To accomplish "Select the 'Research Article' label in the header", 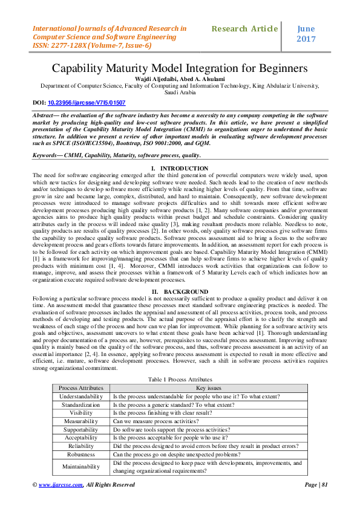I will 245,28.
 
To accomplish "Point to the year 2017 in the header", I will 307,39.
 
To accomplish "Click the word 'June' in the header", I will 307,28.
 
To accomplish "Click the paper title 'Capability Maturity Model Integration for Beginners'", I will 180,68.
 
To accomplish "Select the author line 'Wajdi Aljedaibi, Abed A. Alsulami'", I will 180,79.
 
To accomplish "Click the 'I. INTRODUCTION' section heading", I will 180,168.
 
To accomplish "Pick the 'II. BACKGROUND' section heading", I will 180,291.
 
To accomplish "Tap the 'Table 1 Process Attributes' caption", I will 180,378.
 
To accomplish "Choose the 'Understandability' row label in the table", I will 81,397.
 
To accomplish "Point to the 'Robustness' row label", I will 81,453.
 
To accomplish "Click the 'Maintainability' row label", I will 81,466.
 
